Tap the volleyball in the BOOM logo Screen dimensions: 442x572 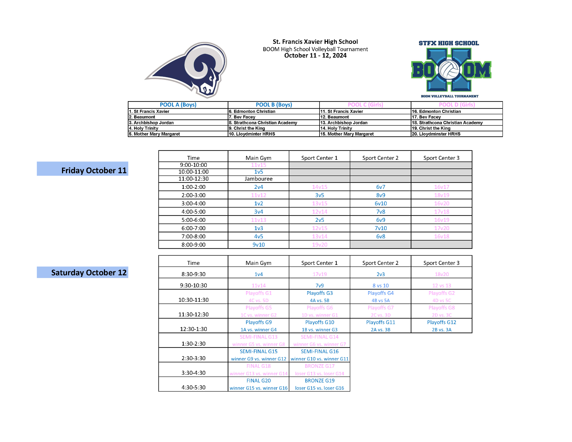(449, 70)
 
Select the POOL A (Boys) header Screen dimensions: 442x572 (178, 105)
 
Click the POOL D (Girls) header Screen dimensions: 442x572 (457, 105)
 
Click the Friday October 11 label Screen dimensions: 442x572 (94, 170)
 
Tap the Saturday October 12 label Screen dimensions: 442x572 (89, 272)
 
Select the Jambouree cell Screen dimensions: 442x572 (258, 179)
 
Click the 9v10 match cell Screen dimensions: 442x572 (258, 245)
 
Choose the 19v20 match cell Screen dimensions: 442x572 (320, 245)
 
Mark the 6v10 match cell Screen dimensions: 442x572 (380, 203)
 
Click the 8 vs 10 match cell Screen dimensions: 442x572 (380, 286)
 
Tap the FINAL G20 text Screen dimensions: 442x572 (258, 381)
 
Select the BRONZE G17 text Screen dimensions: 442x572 (320, 366)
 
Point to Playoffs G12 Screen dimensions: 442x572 (441, 322)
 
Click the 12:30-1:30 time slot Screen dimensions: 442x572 (193, 329)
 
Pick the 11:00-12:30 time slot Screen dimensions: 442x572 (193, 179)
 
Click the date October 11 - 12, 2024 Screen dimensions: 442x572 (315, 56)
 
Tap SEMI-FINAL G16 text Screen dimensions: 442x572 (320, 351)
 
